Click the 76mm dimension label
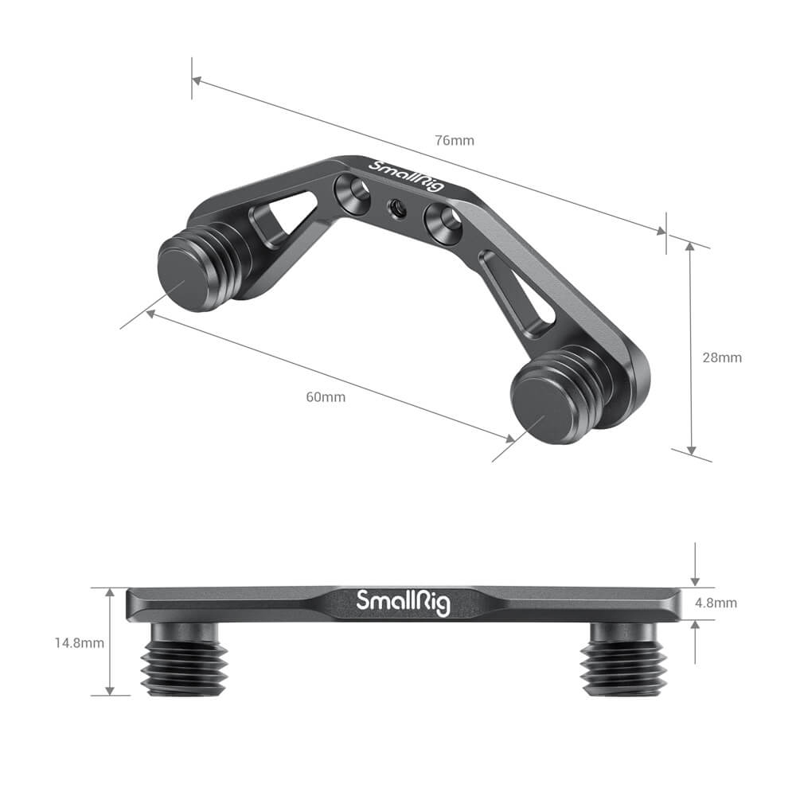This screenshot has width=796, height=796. (455, 140)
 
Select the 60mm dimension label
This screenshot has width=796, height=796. (326, 397)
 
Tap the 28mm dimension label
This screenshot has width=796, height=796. (722, 357)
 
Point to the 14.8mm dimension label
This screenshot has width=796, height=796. (80, 642)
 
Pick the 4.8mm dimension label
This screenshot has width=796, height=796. (716, 603)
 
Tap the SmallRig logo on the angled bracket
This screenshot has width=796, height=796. (407, 175)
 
